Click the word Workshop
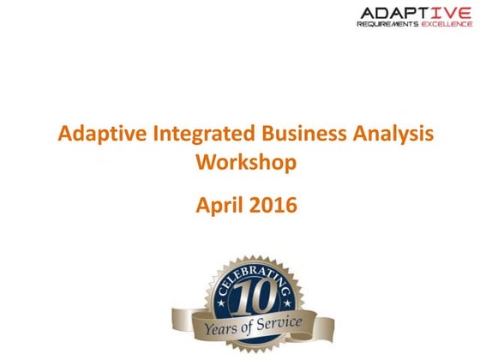[239, 161]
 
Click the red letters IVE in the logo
[448, 12]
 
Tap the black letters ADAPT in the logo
[391, 12]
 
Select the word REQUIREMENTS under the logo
[387, 25]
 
